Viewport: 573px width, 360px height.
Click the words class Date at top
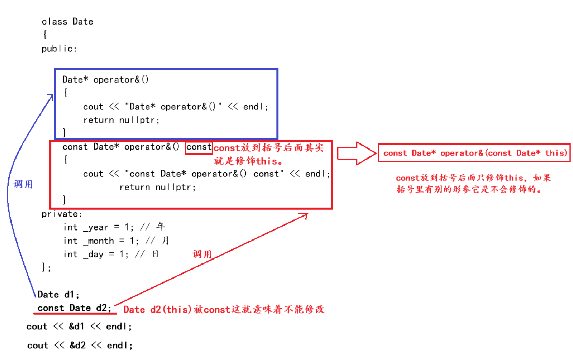(68, 22)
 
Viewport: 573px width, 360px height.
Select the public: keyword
(59, 49)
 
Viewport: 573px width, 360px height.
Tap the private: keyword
(62, 214)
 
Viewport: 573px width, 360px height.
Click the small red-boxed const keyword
(199, 147)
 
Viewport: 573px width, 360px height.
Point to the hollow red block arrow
(357, 153)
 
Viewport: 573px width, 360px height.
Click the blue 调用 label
(23, 184)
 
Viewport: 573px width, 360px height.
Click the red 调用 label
(202, 254)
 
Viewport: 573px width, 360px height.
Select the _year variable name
(96, 227)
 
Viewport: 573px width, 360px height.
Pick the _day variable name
(94, 254)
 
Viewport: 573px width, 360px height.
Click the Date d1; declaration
(58, 294)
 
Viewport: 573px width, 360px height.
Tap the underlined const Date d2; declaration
(74, 308)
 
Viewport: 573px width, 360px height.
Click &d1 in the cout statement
(77, 326)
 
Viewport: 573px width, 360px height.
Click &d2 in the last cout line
(77, 345)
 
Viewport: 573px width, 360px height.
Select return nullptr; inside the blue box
(121, 120)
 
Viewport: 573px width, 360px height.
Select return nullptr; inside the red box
(158, 187)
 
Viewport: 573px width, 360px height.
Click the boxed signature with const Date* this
(474, 153)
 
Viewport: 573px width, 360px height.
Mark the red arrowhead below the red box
(304, 215)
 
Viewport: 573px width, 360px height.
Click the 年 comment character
(160, 227)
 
